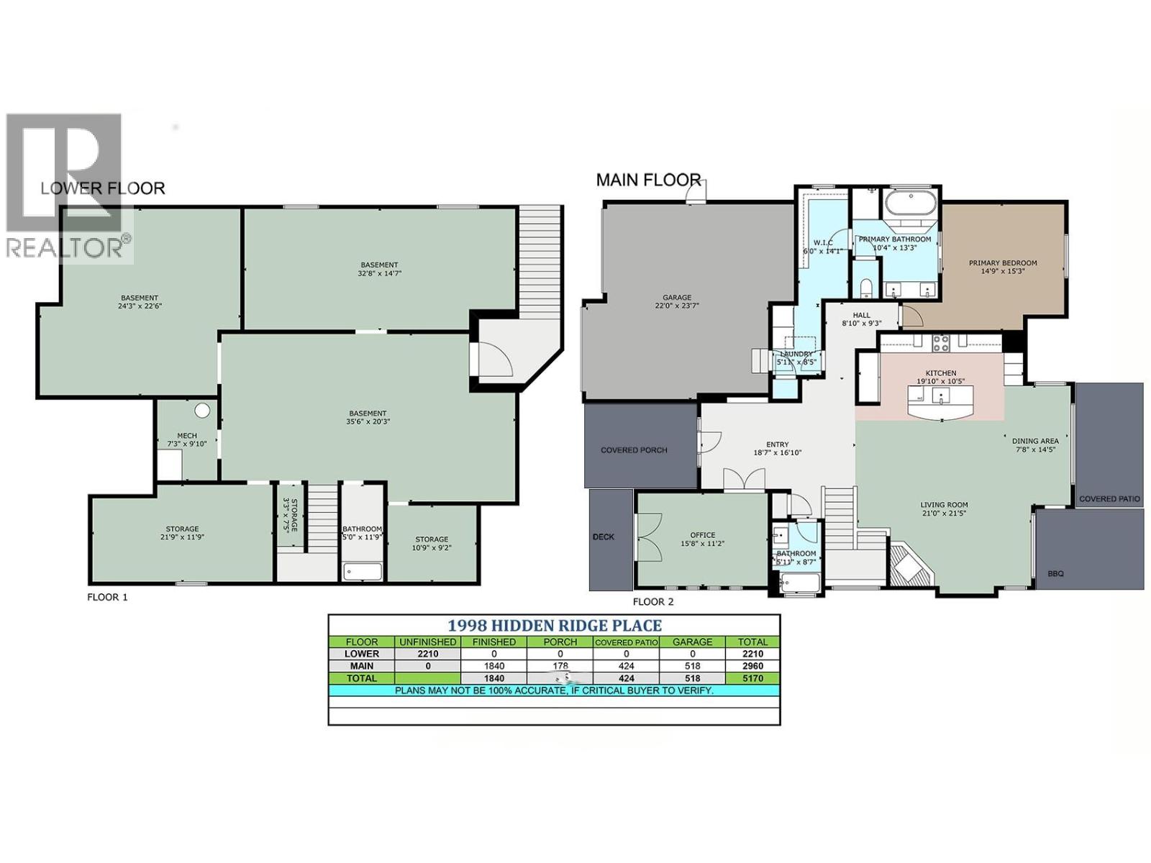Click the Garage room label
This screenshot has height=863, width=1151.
(676, 297)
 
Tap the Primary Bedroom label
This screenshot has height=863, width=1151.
(1002, 263)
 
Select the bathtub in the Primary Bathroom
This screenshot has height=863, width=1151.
(911, 203)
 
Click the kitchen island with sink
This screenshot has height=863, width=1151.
(942, 401)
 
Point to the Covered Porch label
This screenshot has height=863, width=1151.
(634, 450)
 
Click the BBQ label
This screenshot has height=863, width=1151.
(1055, 574)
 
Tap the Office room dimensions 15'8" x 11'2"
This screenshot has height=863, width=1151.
(702, 544)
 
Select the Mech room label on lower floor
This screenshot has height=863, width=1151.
(187, 436)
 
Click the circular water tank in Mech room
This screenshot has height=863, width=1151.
(202, 411)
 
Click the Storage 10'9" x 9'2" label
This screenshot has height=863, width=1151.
(432, 543)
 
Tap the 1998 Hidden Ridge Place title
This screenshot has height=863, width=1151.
(554, 626)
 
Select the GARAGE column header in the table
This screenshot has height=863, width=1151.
(692, 641)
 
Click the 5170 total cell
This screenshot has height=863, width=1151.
(752, 678)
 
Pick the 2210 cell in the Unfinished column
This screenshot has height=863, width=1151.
(427, 654)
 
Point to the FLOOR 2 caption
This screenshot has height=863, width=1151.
(653, 601)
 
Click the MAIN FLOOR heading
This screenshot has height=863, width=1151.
(648, 180)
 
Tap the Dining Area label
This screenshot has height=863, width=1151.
(1035, 441)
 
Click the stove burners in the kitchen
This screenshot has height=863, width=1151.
(940, 343)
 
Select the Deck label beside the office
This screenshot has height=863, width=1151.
(604, 536)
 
